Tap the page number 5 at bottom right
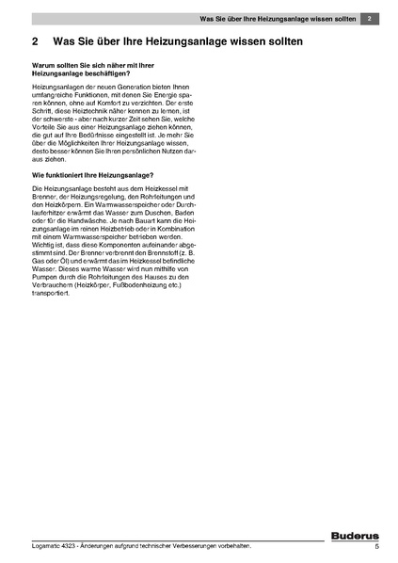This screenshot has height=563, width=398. pos(376,546)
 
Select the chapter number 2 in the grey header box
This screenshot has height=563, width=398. pos(372,19)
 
